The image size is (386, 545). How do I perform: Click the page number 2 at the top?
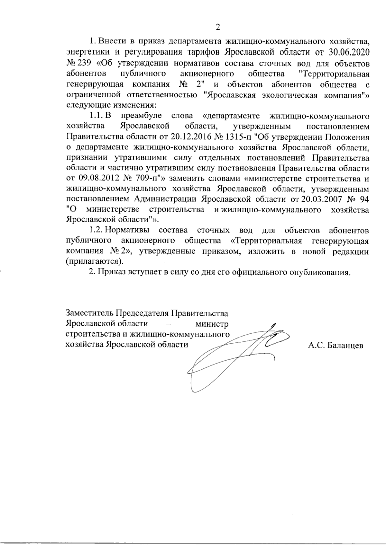tap(217, 27)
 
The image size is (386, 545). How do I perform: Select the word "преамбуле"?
tap(142, 116)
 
